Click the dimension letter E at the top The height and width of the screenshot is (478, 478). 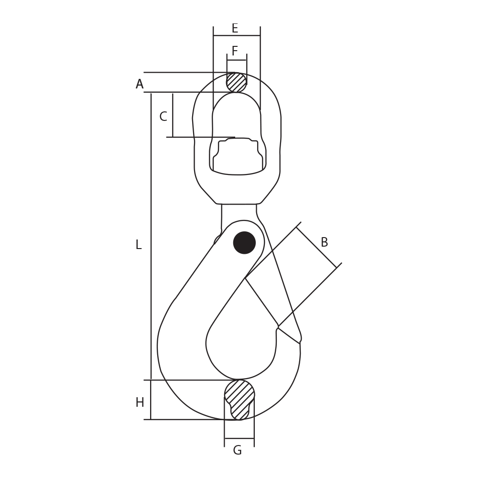coord(235,29)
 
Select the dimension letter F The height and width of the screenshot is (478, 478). coord(235,51)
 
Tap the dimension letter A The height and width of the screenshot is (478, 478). coord(140,85)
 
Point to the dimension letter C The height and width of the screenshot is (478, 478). coord(163,117)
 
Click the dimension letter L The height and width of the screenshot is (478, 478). coord(139,245)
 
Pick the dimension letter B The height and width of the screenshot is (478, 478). coord(324,243)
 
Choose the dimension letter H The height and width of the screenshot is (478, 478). coord(140,403)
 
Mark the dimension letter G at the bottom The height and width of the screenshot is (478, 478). coord(237,451)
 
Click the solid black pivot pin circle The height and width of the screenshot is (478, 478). coord(244,243)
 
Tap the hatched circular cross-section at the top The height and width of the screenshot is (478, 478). coord(237,83)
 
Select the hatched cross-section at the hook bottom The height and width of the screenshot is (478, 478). coord(239,398)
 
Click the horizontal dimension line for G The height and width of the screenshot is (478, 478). coord(239,438)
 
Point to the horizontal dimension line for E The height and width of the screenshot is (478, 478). coord(237,35)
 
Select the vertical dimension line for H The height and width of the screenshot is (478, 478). coord(151,400)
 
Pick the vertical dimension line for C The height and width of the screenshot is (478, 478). coord(173,115)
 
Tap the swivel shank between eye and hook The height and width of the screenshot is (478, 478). coord(239,213)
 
